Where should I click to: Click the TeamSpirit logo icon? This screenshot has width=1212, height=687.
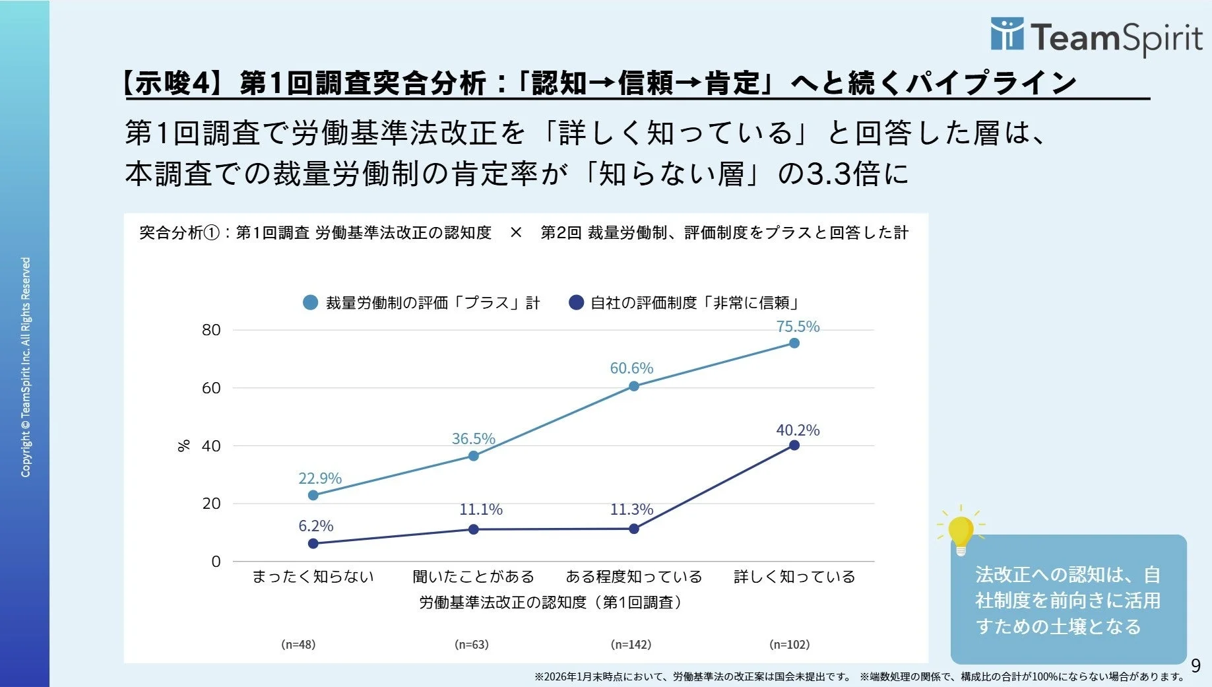click(x=1007, y=34)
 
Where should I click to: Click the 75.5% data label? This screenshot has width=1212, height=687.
click(x=798, y=327)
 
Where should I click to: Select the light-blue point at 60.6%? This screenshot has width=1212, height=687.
click(x=633, y=386)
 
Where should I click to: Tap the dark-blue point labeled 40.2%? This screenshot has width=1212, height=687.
click(x=794, y=445)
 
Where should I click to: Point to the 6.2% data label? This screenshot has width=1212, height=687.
click(x=315, y=526)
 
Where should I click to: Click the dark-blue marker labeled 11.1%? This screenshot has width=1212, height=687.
click(x=473, y=529)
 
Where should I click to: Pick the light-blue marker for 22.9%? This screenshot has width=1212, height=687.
click(x=313, y=495)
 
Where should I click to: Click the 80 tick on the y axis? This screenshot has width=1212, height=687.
click(x=211, y=330)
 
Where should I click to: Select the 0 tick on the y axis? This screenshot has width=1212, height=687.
click(x=216, y=562)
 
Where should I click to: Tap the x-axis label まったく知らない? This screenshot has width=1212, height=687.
click(x=313, y=577)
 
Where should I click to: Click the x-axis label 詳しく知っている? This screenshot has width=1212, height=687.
click(x=794, y=577)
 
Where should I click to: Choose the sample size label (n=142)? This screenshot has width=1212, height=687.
click(x=631, y=644)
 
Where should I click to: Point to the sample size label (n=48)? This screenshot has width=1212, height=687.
click(x=298, y=644)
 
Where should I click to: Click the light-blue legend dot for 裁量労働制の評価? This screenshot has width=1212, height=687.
click(x=310, y=303)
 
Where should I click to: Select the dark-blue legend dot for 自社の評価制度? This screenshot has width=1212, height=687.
click(x=576, y=303)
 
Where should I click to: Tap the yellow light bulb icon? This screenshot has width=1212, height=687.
click(x=961, y=532)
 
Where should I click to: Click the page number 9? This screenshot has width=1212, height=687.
click(x=1196, y=666)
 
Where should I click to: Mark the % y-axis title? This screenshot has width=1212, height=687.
click(x=184, y=445)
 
